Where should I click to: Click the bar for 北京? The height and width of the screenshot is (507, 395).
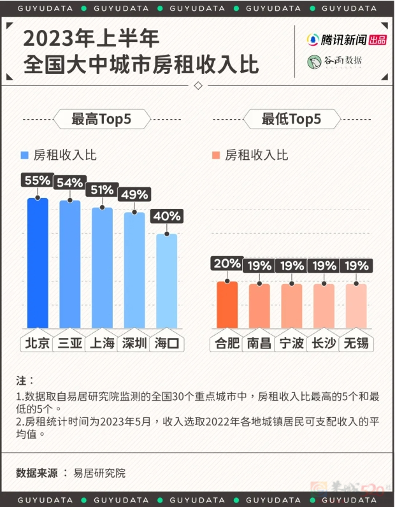click(37, 264)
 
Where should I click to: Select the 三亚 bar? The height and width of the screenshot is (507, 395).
click(69, 266)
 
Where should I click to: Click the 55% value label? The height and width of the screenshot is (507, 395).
click(37, 180)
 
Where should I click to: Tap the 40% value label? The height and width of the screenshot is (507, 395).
click(167, 216)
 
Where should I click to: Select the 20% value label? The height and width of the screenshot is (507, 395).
click(227, 264)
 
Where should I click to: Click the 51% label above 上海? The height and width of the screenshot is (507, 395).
click(102, 190)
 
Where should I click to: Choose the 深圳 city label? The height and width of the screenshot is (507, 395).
click(134, 343)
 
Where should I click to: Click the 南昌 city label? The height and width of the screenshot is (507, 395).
click(259, 343)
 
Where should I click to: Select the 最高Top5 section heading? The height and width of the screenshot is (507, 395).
click(101, 119)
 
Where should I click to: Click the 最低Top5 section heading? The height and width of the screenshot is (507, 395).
click(291, 119)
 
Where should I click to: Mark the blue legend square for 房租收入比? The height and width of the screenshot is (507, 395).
click(25, 155)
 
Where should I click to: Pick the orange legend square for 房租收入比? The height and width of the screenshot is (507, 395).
click(217, 155)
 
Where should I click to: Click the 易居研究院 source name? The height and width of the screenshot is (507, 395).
click(99, 473)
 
